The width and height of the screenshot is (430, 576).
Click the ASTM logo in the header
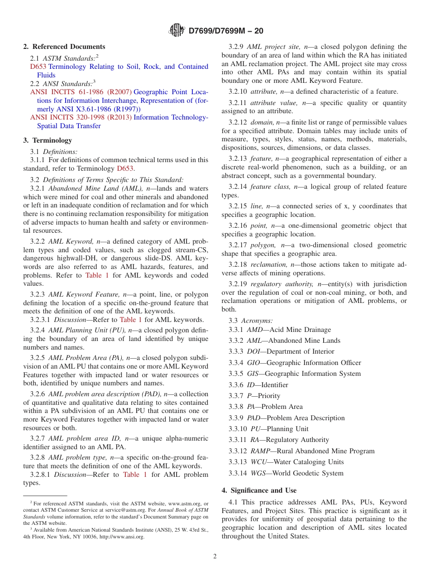pos(177,30)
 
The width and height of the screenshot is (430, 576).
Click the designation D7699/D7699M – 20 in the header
pos(225,31)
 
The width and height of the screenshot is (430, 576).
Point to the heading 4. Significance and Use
pos(259,490)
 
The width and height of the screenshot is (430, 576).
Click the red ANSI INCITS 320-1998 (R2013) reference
pos(81,117)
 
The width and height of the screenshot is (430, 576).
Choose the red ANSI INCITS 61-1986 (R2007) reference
pos(81,92)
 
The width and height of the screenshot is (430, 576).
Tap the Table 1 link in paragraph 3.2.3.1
pos(131,320)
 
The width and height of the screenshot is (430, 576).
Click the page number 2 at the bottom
pos(215,557)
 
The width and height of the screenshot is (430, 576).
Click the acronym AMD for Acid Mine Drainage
pos(254,330)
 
